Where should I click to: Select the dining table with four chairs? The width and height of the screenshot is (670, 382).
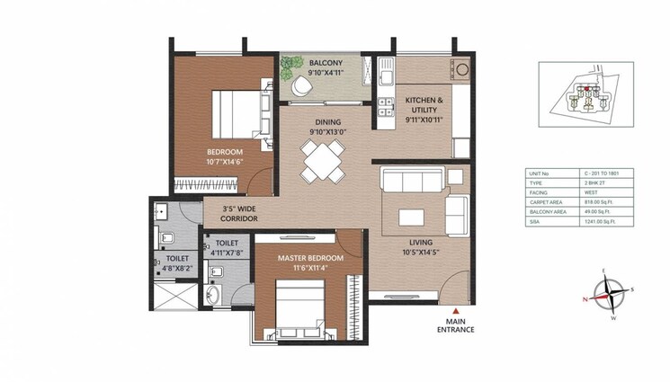pyautogui.click(x=321, y=162)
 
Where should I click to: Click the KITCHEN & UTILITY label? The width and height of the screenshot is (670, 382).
pyautogui.click(x=424, y=105)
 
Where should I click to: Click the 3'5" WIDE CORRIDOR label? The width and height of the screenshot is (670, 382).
pyautogui.click(x=239, y=214)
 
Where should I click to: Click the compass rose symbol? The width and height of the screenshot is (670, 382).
pyautogui.click(x=610, y=292)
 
